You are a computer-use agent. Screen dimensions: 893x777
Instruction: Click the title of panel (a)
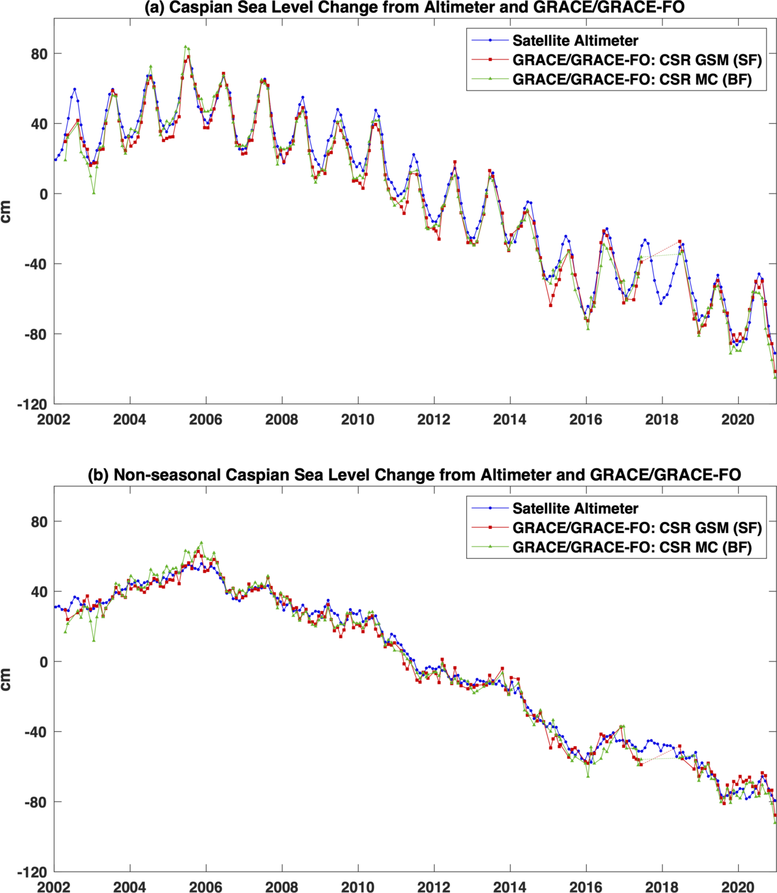414,8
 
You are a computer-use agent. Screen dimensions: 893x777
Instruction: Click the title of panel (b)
414,475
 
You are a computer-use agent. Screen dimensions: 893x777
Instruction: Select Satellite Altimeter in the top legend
575,41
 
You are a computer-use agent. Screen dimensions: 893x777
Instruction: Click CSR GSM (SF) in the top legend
636,60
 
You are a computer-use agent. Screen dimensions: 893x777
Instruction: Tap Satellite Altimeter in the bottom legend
575,508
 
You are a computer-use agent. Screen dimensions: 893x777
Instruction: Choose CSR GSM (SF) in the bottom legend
636,528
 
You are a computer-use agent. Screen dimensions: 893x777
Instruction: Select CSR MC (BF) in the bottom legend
631,547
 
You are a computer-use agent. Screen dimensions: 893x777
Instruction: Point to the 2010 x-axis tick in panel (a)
357,419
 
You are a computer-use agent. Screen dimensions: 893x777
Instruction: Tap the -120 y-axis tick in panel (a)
32,405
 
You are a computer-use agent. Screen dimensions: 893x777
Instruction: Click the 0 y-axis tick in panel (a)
43,194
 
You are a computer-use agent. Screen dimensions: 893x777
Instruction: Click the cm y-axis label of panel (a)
7,212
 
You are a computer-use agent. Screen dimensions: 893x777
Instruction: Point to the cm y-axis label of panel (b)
7,679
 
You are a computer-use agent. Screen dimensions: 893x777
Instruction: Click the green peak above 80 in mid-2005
185,47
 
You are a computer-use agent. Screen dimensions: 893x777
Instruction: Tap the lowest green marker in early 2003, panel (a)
94,192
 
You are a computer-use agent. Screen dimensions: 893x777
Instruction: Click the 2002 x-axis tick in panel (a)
54,419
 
